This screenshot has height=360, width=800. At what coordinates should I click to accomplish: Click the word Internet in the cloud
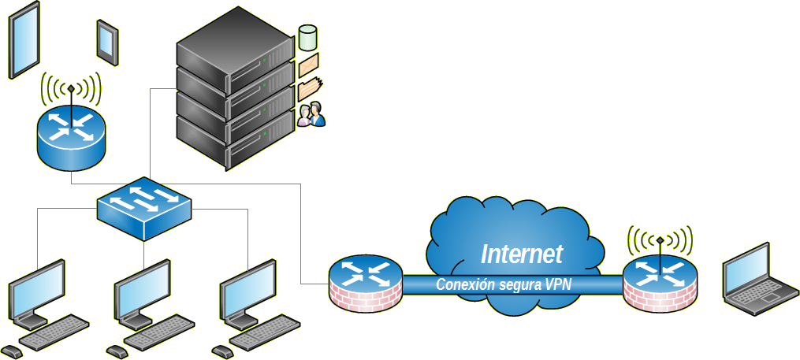522,254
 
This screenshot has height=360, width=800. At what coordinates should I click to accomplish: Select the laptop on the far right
760,280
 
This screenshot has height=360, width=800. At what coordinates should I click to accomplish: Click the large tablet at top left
24,39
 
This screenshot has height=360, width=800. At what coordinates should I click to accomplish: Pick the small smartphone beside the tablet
107,40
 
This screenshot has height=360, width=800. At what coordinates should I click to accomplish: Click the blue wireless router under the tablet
70,133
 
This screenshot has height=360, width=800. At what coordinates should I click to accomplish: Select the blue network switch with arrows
144,208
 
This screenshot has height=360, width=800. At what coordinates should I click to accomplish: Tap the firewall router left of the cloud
365,283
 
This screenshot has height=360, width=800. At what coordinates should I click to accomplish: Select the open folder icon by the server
311,87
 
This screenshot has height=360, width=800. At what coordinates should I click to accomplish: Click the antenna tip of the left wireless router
71,87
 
